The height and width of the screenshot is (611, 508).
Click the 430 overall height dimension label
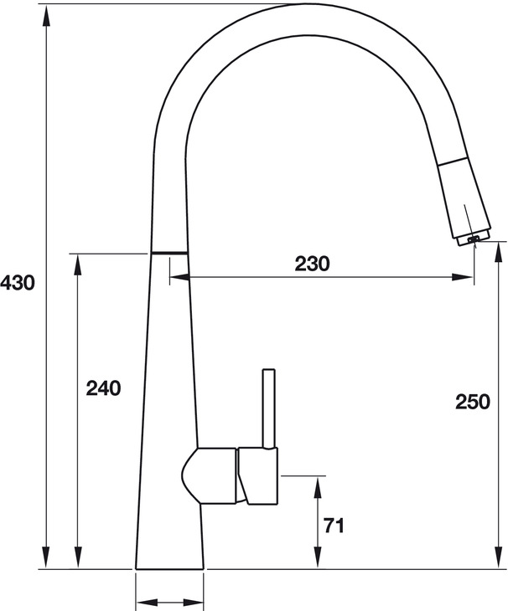tap(18, 283)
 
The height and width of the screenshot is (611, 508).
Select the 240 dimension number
tap(104, 388)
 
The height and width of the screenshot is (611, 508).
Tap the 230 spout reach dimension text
tap(313, 264)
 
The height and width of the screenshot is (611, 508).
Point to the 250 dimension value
tap(473, 402)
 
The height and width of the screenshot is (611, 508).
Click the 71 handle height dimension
tap(334, 526)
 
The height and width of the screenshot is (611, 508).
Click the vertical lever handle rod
tap(269, 410)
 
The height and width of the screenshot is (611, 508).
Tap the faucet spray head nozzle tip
tap(472, 241)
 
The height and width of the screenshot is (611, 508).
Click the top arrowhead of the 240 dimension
tap(80, 262)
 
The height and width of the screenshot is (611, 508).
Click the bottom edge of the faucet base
tap(170, 569)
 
